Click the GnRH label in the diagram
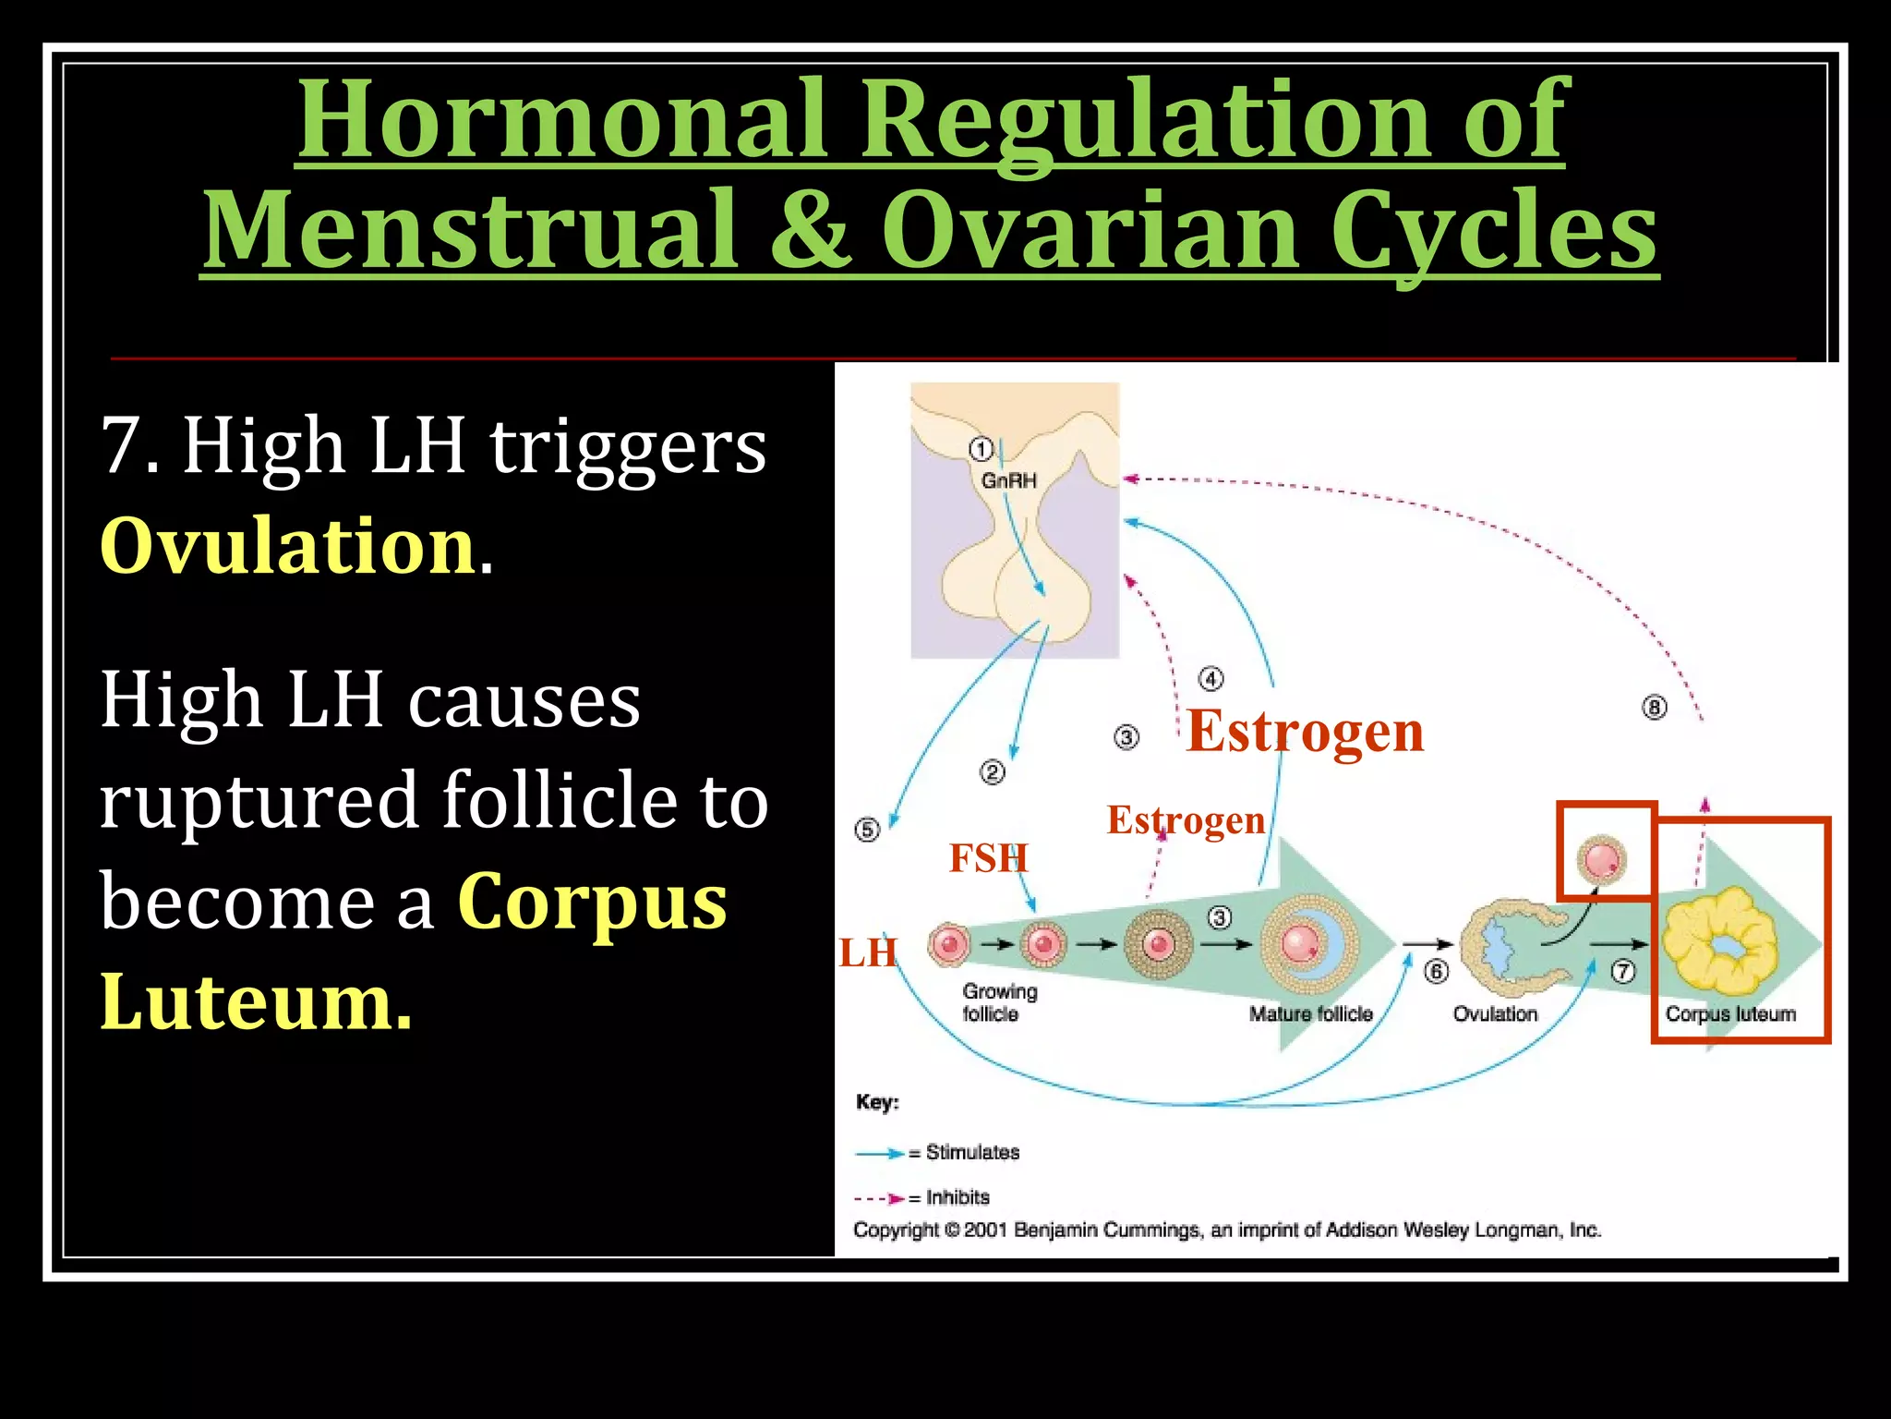click(x=1008, y=480)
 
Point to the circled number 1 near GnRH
click(x=981, y=450)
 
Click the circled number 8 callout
click(x=1654, y=709)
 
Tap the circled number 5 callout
click(x=867, y=830)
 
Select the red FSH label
click(x=988, y=858)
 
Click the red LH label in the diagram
click(x=867, y=952)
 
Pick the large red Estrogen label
click(x=1305, y=731)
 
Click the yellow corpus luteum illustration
click(x=1720, y=940)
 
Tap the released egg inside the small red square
click(x=1601, y=859)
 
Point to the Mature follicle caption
click(x=1310, y=1013)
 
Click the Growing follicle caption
click(x=999, y=1002)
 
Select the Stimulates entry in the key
click(x=971, y=1152)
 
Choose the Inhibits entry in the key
click(x=957, y=1197)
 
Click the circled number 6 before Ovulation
click(x=1436, y=972)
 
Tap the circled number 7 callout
click(x=1622, y=972)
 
